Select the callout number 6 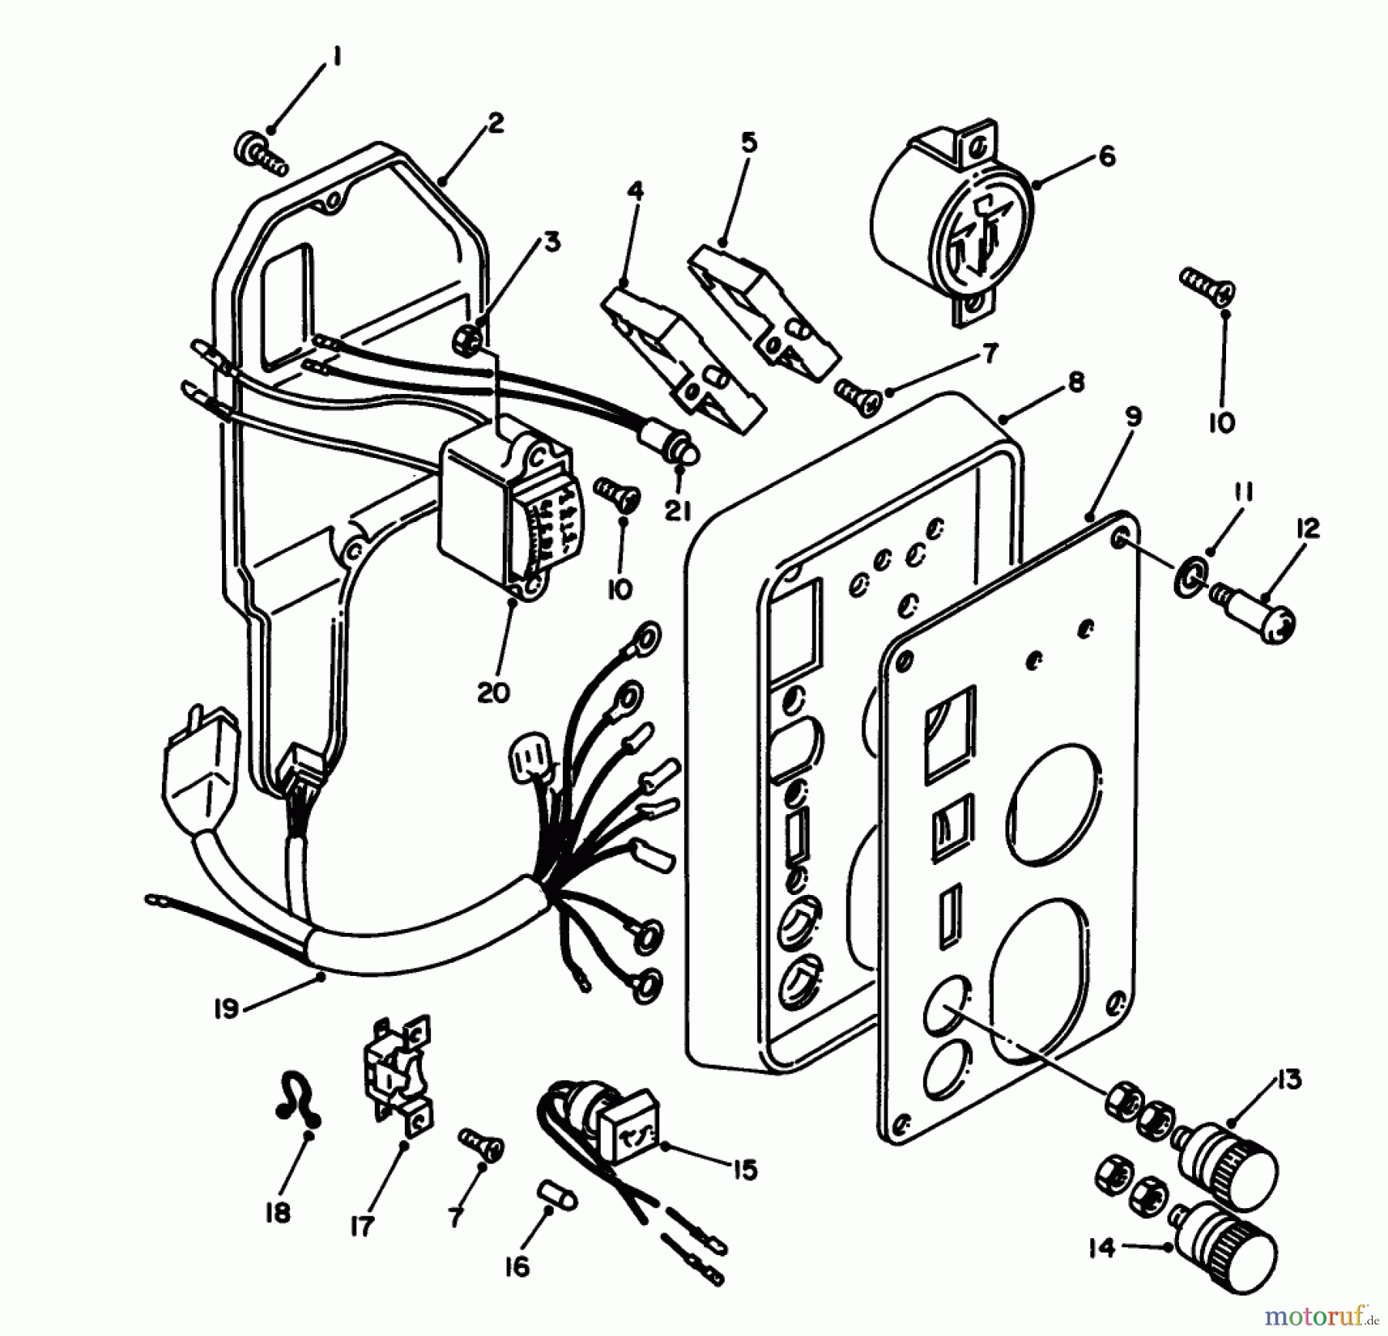[1107, 156]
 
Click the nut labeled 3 [469, 337]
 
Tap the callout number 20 [494, 692]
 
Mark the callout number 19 [226, 1009]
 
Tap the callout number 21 [679, 510]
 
